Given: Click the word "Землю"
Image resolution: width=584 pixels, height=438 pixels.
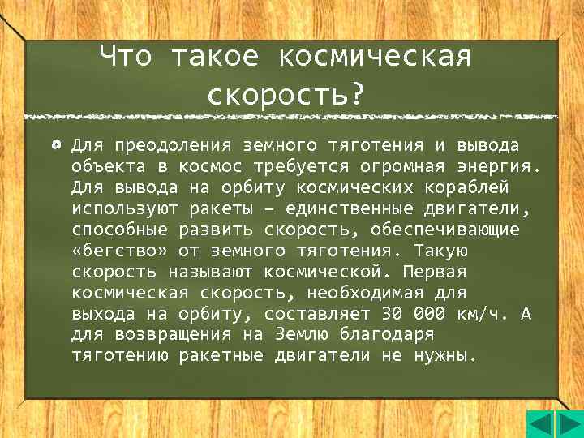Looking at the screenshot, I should pyautogui.click(x=303, y=335).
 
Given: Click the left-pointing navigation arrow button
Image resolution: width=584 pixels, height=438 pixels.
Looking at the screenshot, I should pyautogui.click(x=539, y=424).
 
